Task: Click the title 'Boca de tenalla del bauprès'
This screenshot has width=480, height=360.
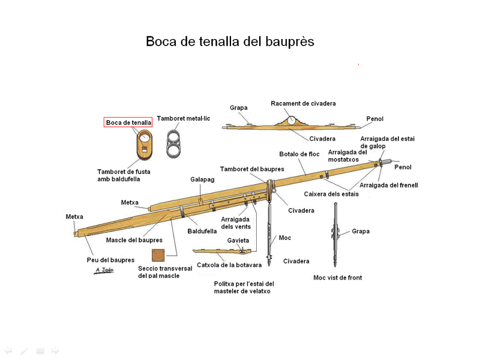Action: coord(230,42)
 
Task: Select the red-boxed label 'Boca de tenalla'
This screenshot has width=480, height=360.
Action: coord(128,122)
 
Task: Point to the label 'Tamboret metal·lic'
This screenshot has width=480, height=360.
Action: coord(184,119)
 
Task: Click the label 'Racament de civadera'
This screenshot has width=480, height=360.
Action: coord(303,103)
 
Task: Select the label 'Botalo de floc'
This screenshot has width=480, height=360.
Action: coord(299,154)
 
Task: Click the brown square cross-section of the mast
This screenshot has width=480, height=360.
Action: coord(158,255)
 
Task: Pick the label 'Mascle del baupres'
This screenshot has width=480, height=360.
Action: coord(134,240)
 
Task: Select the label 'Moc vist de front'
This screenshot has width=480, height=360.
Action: coord(338,278)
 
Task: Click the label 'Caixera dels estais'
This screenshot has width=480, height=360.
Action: coord(331,194)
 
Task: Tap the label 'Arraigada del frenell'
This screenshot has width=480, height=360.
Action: coord(389,185)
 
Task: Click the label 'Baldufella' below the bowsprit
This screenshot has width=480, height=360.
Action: coord(202,230)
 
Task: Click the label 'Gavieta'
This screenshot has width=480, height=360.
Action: coord(238,241)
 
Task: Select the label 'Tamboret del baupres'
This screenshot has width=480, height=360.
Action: coord(252,169)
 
